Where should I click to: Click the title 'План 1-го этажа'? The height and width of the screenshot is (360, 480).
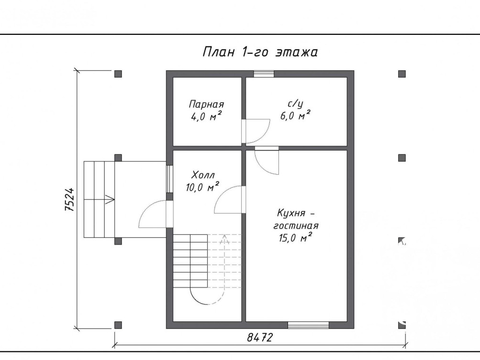(x=260, y=52)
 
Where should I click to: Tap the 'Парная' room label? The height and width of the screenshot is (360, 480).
(x=206, y=105)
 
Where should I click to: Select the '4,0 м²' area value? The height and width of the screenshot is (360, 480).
(x=206, y=116)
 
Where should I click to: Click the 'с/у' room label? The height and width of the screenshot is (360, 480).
(x=296, y=104)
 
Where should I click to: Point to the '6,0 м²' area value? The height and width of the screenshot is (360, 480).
(x=296, y=116)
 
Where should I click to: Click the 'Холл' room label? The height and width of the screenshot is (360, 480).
(x=203, y=175)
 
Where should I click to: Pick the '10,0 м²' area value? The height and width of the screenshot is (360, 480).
(x=203, y=187)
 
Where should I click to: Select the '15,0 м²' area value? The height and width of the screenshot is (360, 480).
(x=296, y=237)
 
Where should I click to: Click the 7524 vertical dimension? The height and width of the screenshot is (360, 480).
(x=70, y=199)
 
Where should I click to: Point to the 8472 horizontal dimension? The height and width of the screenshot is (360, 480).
(x=260, y=338)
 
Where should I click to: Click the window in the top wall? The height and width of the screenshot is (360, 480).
(x=264, y=74)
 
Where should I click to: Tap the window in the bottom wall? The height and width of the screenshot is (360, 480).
(x=308, y=325)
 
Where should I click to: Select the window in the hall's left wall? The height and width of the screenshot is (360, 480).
(x=170, y=180)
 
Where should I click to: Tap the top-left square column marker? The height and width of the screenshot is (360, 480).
(x=118, y=74)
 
